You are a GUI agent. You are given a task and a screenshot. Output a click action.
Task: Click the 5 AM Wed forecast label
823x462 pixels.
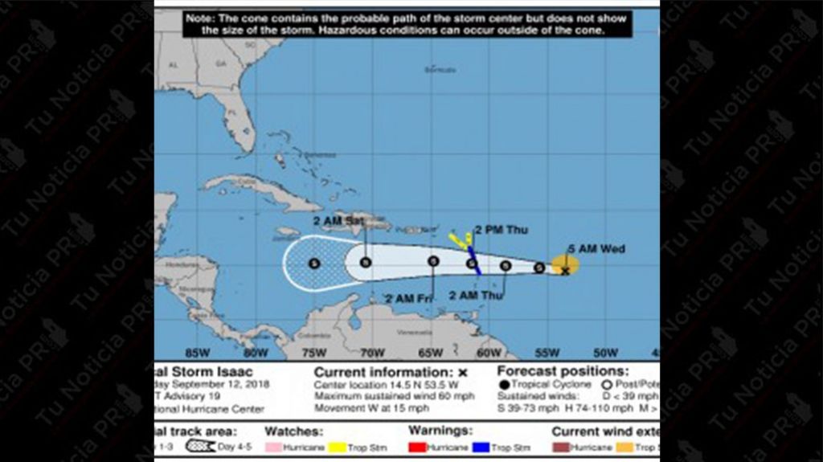(x=596, y=249)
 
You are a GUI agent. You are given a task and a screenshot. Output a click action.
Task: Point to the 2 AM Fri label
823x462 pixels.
(x=408, y=298)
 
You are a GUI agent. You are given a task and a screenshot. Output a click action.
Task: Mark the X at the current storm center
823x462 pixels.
(x=565, y=272)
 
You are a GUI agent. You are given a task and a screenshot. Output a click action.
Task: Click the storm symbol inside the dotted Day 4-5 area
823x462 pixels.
(x=314, y=263)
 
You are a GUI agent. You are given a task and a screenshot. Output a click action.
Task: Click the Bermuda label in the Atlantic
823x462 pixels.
(x=440, y=70)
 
